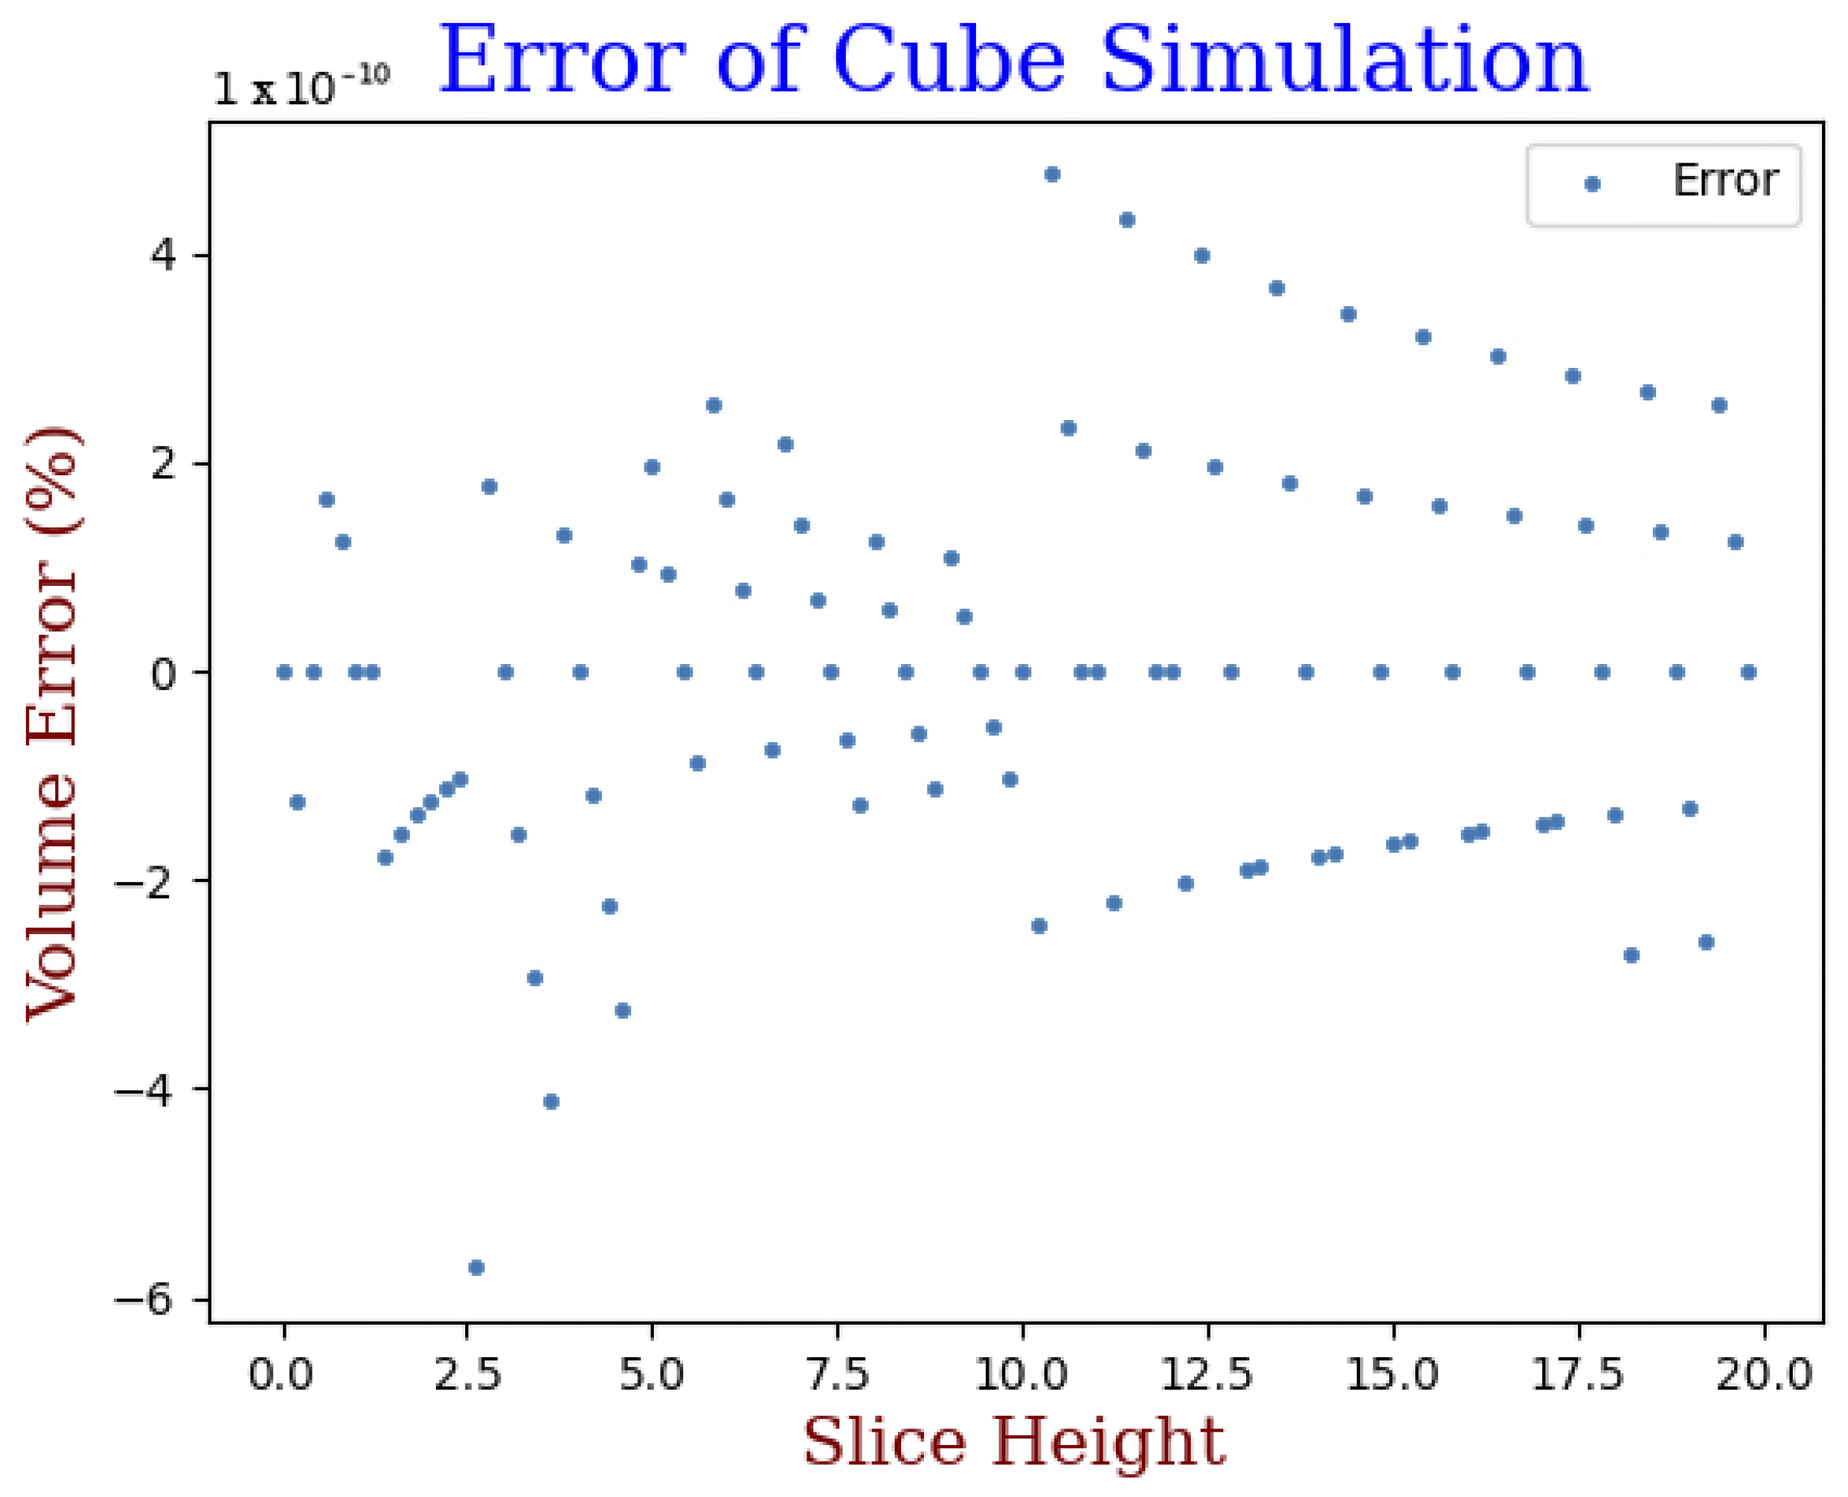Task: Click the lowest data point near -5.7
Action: pyautogui.click(x=476, y=1267)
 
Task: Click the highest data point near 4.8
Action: pyautogui.click(x=1052, y=174)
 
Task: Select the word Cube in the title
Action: pyautogui.click(x=949, y=60)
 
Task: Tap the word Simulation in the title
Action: pyautogui.click(x=1344, y=60)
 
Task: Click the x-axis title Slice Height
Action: pyautogui.click(x=1013, y=1441)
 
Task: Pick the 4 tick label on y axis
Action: pyautogui.click(x=163, y=256)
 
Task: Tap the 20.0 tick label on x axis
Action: pyautogui.click(x=1763, y=1373)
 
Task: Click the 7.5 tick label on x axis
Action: pyautogui.click(x=837, y=1373)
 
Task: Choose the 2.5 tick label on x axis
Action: pyautogui.click(x=467, y=1373)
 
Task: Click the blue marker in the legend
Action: pyautogui.click(x=1593, y=184)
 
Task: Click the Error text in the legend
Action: pyautogui.click(x=1726, y=181)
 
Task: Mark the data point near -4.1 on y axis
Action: pyautogui.click(x=552, y=1101)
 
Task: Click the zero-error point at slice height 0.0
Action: pyautogui.click(x=284, y=673)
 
